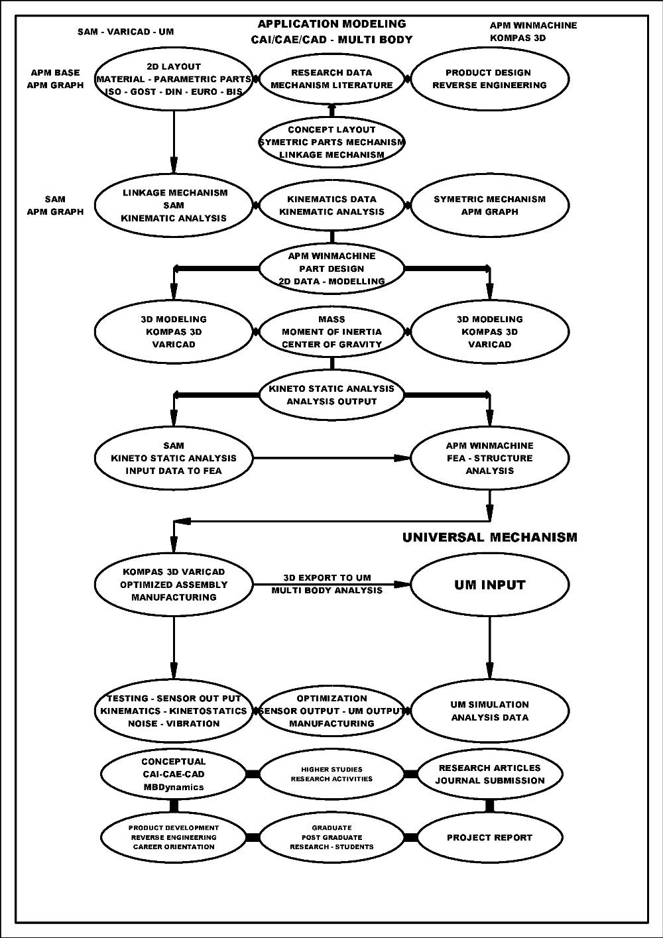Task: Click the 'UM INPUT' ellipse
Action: coord(490,585)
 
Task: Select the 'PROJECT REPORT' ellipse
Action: coord(490,837)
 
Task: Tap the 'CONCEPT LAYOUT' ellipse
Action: coord(331,142)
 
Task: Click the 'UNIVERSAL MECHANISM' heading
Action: coord(490,538)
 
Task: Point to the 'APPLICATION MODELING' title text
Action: coord(331,25)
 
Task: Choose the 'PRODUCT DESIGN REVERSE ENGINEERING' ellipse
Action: coord(490,79)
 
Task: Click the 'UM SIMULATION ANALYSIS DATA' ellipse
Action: coord(490,711)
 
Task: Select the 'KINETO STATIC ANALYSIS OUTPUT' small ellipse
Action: coord(331,395)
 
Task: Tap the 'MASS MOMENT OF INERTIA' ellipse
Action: coord(331,331)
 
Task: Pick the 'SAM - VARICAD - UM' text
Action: coord(125,31)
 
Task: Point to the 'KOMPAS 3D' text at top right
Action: coord(518,38)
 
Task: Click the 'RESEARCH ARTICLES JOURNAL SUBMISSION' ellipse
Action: coord(490,774)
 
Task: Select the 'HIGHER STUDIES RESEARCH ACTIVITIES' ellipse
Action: coord(331,774)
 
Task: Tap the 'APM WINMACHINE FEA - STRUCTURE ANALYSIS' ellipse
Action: coord(490,458)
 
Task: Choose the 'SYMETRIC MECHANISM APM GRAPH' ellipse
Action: coord(490,205)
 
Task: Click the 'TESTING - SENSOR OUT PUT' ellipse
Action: coord(174,711)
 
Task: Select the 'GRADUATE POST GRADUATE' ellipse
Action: coord(331,837)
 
